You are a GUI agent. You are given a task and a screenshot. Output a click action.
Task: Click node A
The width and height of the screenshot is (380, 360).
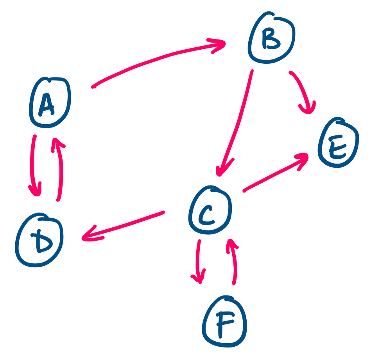point(49,103)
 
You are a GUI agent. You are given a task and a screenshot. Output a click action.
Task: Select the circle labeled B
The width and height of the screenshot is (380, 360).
point(271,38)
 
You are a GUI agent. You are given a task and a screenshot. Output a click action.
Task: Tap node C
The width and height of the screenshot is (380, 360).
point(210,210)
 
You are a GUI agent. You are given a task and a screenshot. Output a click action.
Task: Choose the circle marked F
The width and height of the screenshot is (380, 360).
point(225,321)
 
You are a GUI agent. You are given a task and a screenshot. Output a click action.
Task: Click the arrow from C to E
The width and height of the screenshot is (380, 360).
point(274,174)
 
